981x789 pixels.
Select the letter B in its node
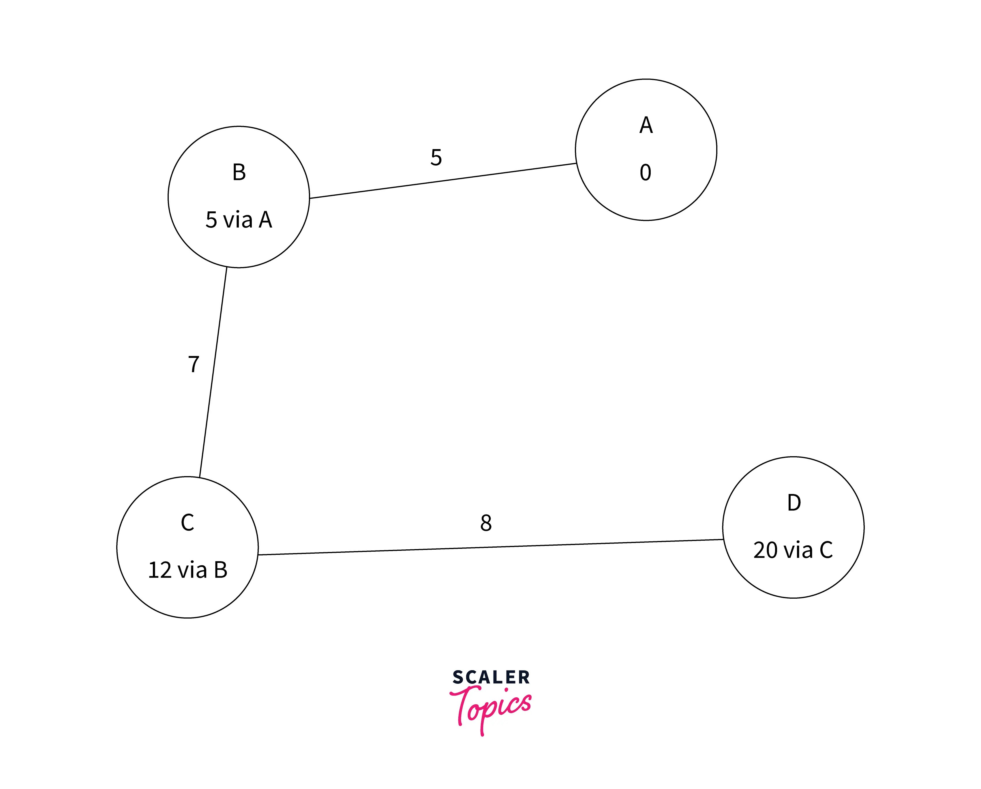(239, 172)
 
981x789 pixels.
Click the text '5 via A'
(239, 220)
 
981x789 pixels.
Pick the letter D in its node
(794, 503)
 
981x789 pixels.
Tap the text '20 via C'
(793, 550)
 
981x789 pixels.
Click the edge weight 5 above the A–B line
(436, 157)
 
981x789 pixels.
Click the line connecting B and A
(443, 181)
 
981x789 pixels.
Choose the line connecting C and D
(490, 547)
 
